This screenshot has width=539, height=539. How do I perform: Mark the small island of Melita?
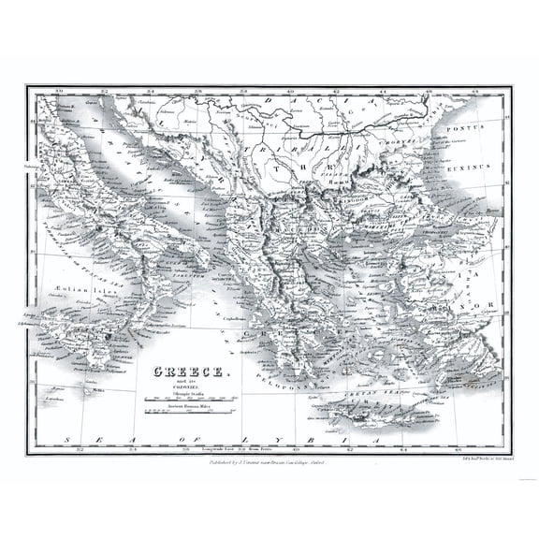[92, 391]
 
